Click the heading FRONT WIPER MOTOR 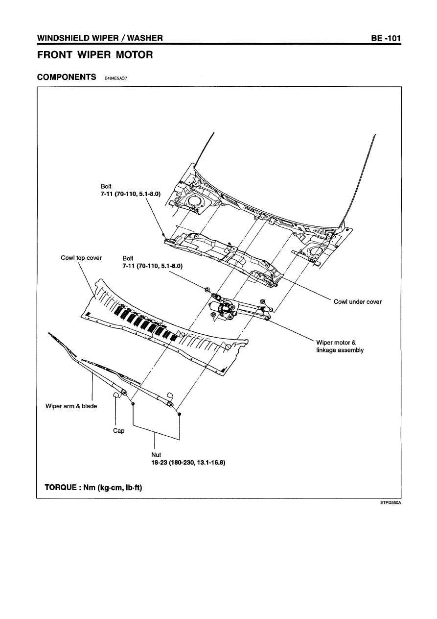tap(95, 55)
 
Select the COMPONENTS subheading tap(67, 77)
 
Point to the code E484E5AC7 tap(116, 78)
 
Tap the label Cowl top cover tap(81, 258)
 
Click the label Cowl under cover tap(357, 302)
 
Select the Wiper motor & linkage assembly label tap(340, 346)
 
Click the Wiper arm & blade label tap(71, 406)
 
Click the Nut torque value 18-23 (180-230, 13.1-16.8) tap(188, 462)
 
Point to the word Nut tap(157, 455)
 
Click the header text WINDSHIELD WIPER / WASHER tap(100, 38)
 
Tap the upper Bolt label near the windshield tap(106, 186)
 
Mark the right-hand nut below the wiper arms tap(180, 414)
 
